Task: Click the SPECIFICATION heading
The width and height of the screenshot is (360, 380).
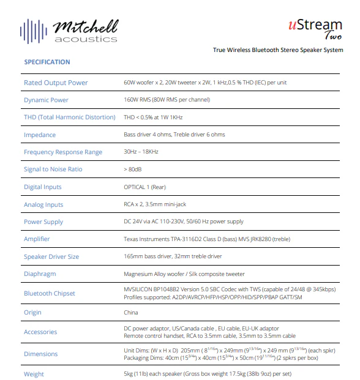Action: [x=47, y=62]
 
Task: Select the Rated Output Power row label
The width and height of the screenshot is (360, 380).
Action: [x=56, y=83]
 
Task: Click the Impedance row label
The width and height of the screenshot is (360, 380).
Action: [x=40, y=135]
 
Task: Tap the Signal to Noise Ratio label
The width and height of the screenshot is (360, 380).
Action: [x=53, y=170]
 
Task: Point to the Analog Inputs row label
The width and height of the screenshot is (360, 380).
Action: [x=43, y=204]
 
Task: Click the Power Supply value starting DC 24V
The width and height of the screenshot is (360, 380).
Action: [x=183, y=222]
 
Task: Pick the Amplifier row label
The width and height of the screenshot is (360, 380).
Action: [x=37, y=239]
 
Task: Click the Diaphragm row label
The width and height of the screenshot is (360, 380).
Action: [x=40, y=274]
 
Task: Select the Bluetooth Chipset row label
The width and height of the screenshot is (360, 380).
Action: [x=50, y=293]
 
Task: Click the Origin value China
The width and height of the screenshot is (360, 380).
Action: [x=132, y=312]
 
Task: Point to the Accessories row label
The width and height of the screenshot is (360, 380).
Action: [x=40, y=332]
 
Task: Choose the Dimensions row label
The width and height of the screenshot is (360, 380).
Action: [x=41, y=354]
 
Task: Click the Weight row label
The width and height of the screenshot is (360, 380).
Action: [x=34, y=373]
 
